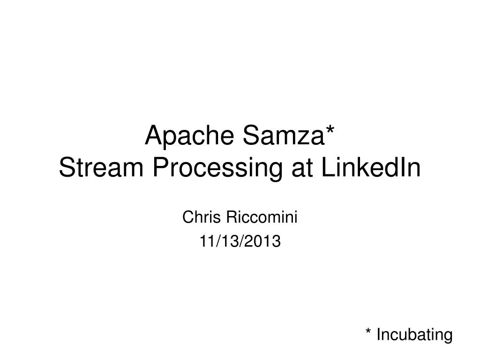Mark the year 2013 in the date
click(266, 241)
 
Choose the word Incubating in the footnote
click(415, 335)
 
